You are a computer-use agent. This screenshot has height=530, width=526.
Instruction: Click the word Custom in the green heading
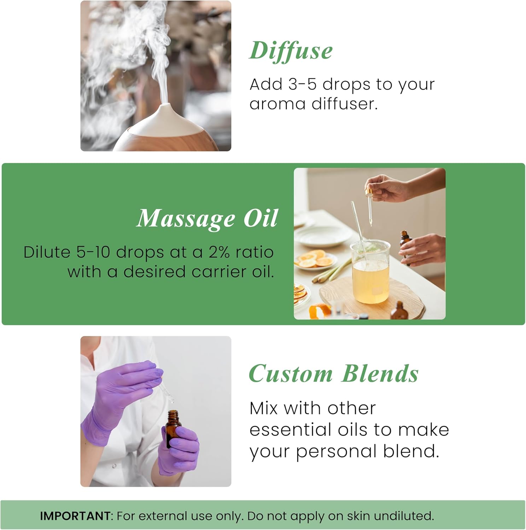click(x=291, y=374)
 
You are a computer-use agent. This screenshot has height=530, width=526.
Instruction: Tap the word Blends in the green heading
click(x=380, y=374)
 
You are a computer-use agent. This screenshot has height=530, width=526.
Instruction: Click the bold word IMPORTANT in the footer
click(x=75, y=516)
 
